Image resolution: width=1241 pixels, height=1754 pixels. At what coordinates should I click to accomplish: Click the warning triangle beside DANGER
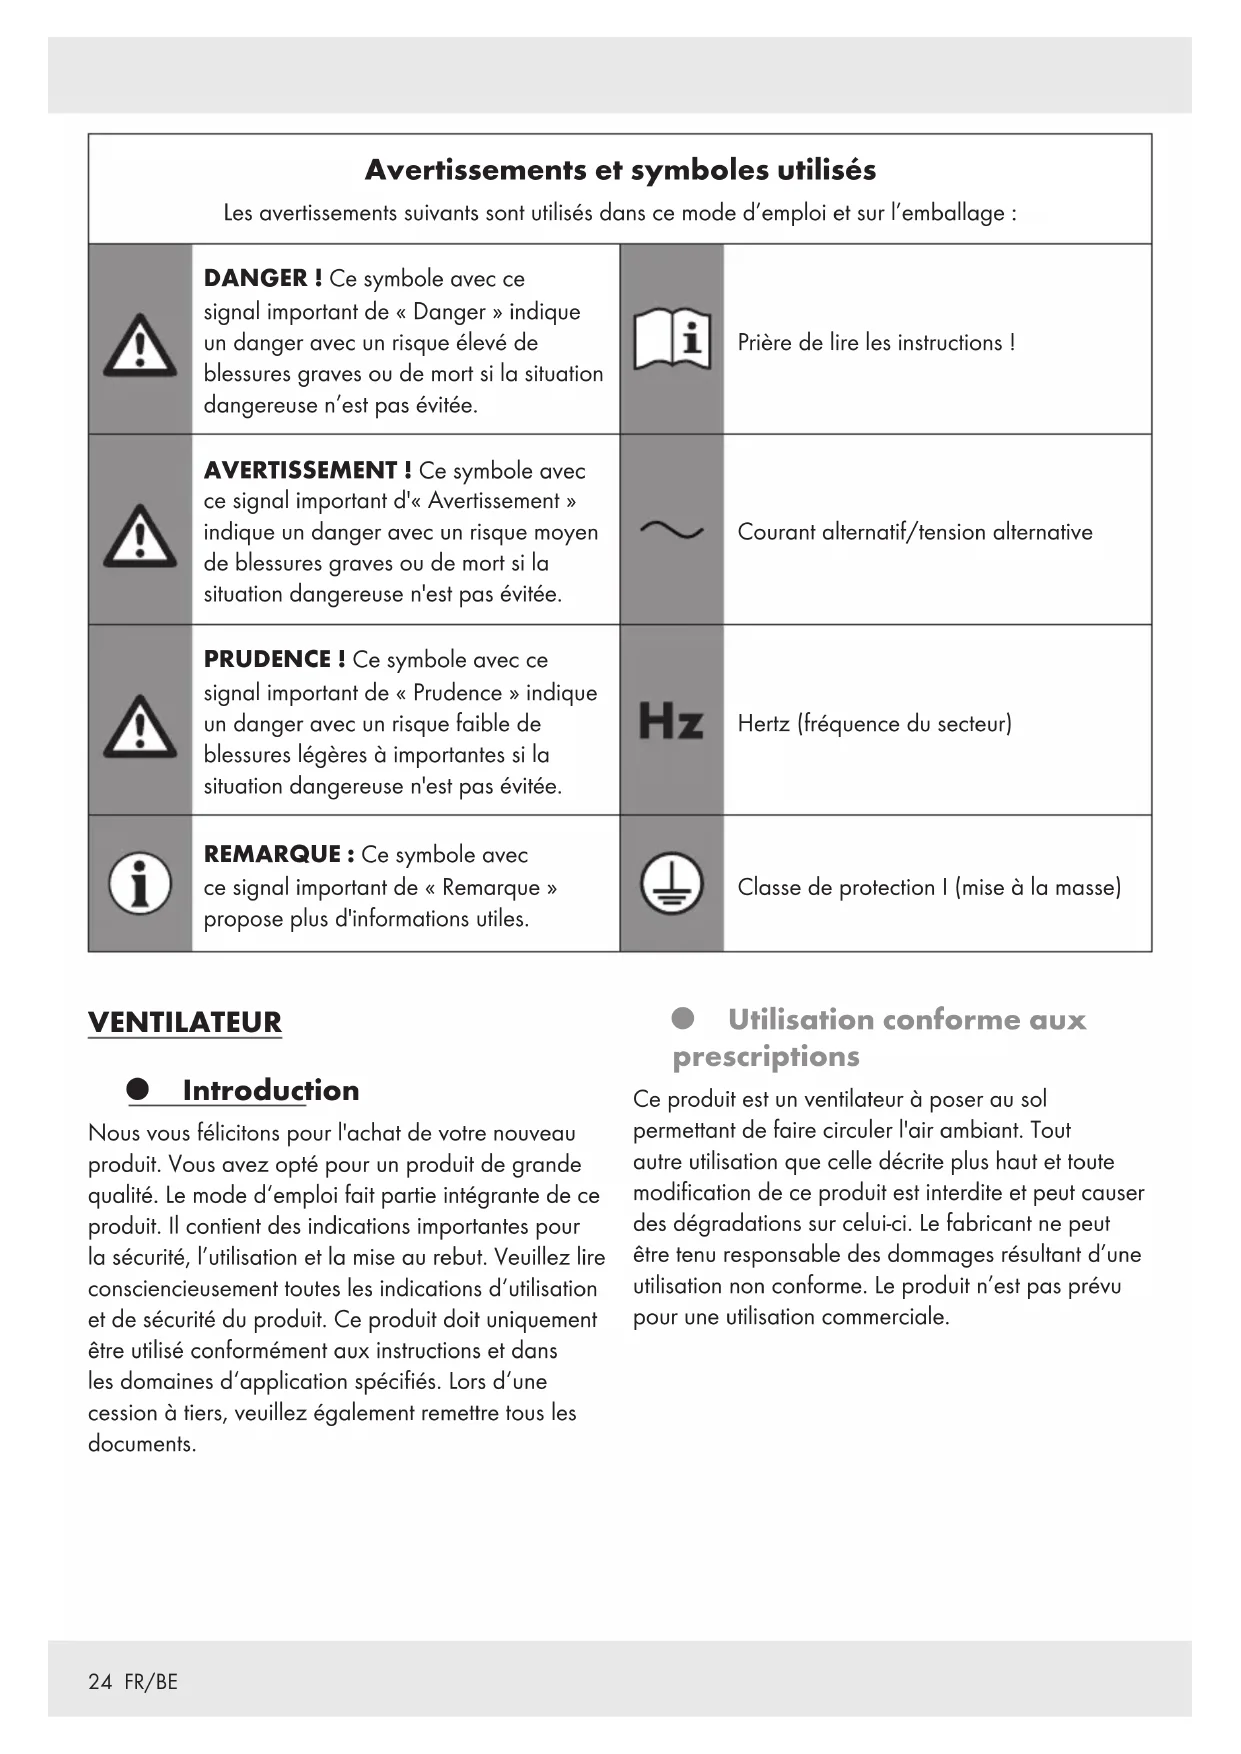140,345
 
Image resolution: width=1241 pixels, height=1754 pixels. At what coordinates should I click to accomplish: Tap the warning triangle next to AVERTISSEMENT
140,535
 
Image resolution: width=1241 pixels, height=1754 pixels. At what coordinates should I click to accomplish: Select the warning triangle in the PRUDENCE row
140,725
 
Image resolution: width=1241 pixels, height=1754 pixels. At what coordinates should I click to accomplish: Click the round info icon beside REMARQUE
139,885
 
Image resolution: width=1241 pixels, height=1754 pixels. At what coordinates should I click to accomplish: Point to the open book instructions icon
672,341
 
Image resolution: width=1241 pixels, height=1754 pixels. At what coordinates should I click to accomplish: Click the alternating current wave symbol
671,531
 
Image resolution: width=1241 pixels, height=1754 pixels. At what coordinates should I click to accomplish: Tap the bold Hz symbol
670,722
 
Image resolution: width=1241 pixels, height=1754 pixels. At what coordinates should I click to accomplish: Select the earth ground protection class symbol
671,886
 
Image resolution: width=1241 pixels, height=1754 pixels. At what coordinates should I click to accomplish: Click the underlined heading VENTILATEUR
185,1022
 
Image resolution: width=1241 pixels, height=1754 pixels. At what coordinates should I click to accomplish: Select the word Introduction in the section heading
270,1090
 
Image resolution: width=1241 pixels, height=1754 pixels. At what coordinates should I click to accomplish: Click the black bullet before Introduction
138,1090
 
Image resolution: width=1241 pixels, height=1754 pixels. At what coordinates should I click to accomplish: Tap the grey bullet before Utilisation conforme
683,1019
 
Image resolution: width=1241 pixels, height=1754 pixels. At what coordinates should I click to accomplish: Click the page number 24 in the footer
100,1682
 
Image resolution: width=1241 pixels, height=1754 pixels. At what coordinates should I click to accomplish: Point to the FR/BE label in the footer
151,1682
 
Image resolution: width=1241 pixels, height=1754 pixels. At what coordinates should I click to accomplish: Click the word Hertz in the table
763,723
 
